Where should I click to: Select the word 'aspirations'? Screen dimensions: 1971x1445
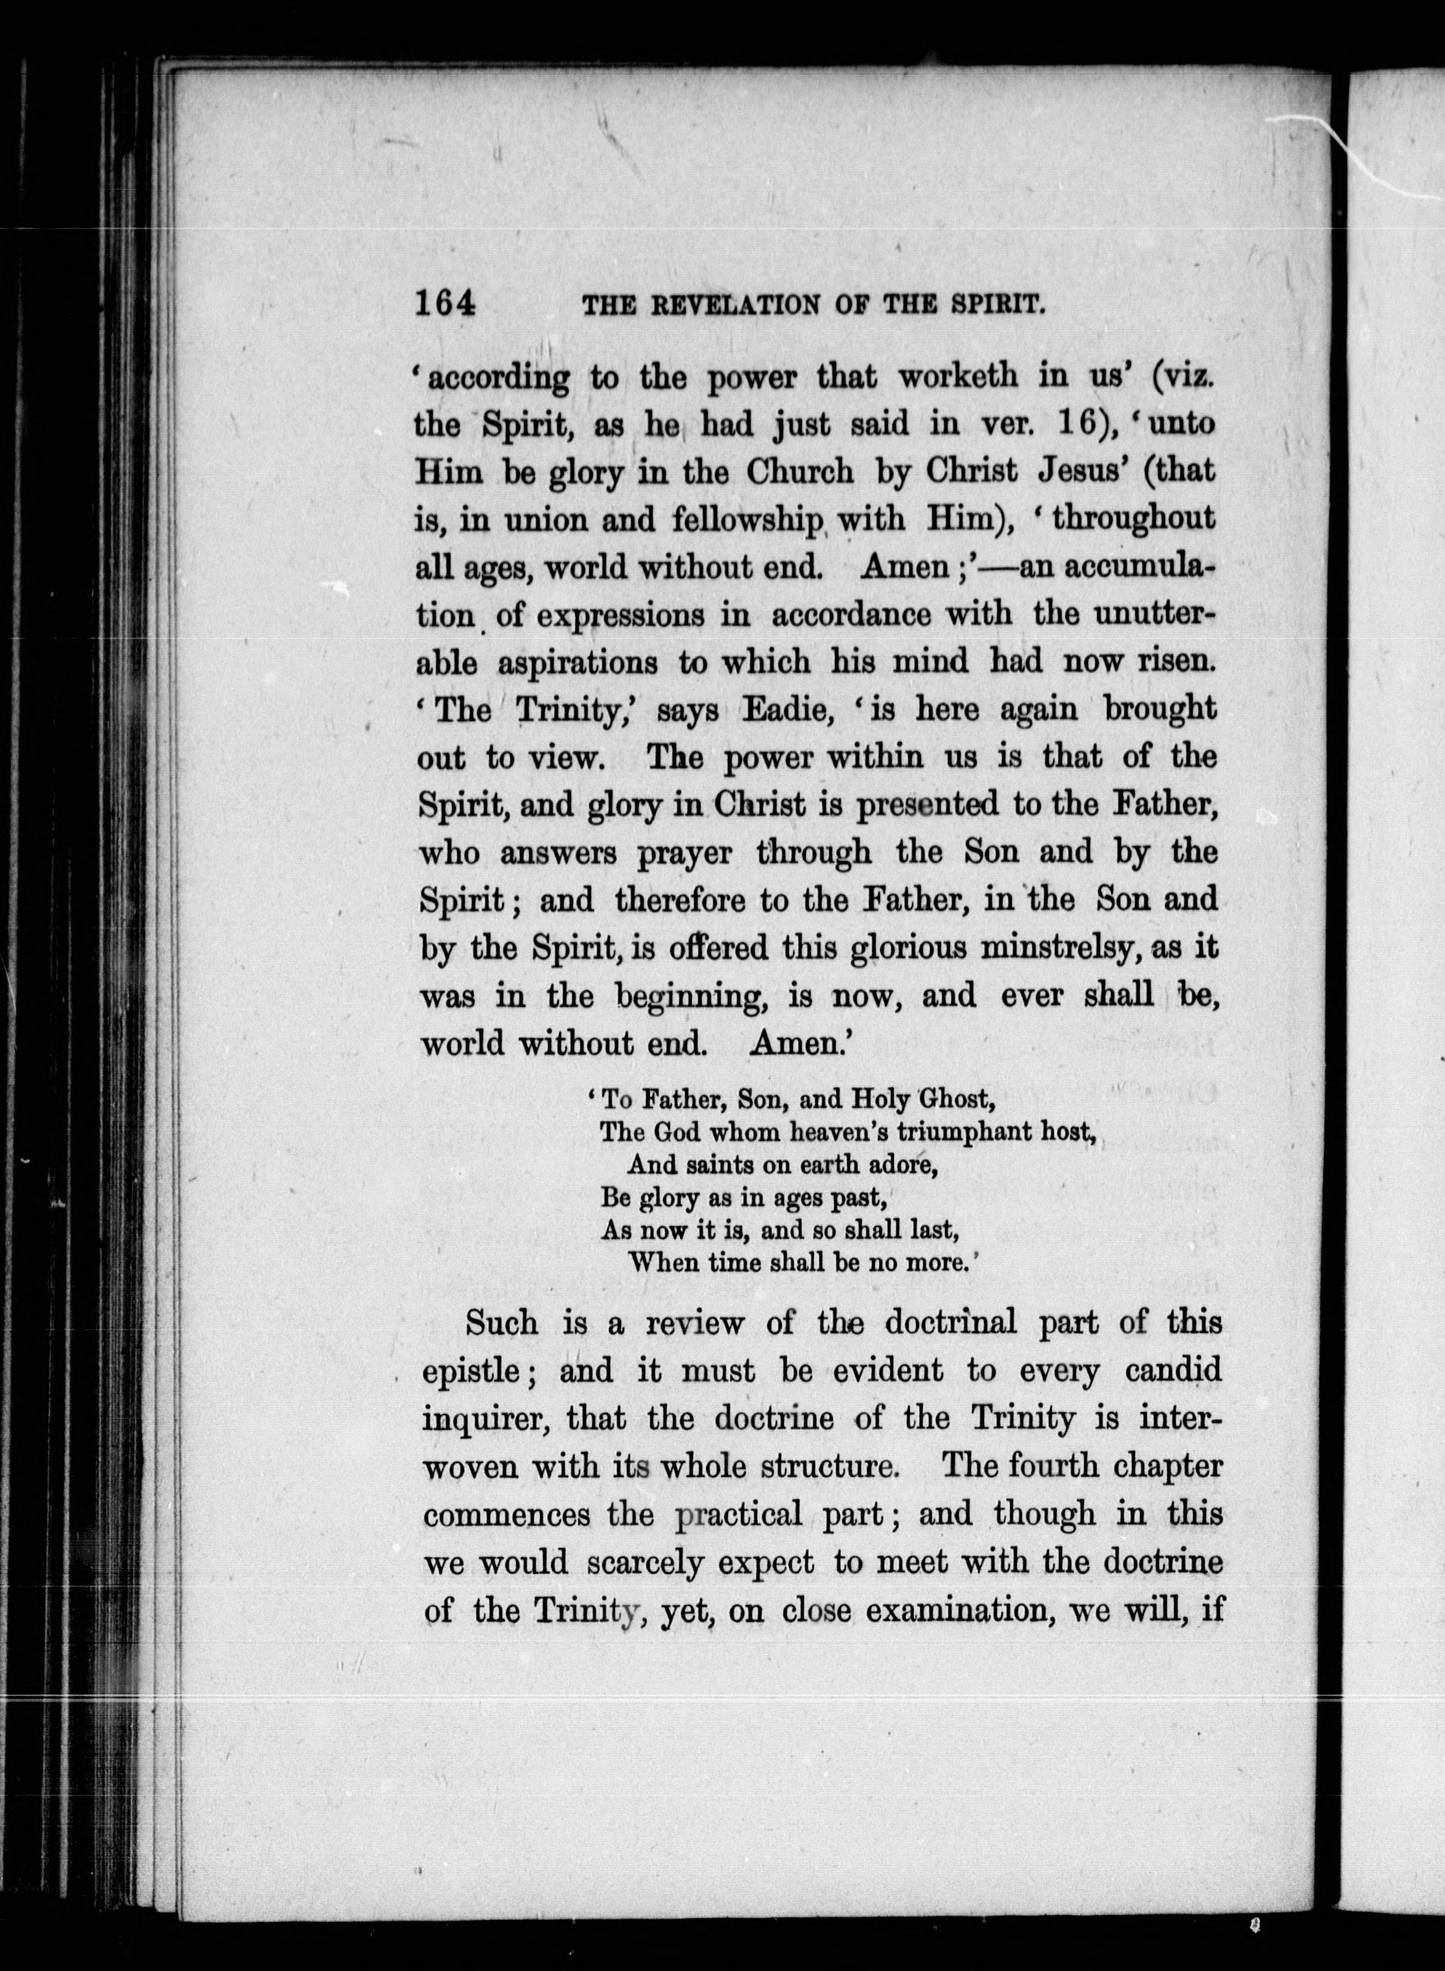(577, 663)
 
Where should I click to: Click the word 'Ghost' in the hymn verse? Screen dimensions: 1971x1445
(956, 1097)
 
